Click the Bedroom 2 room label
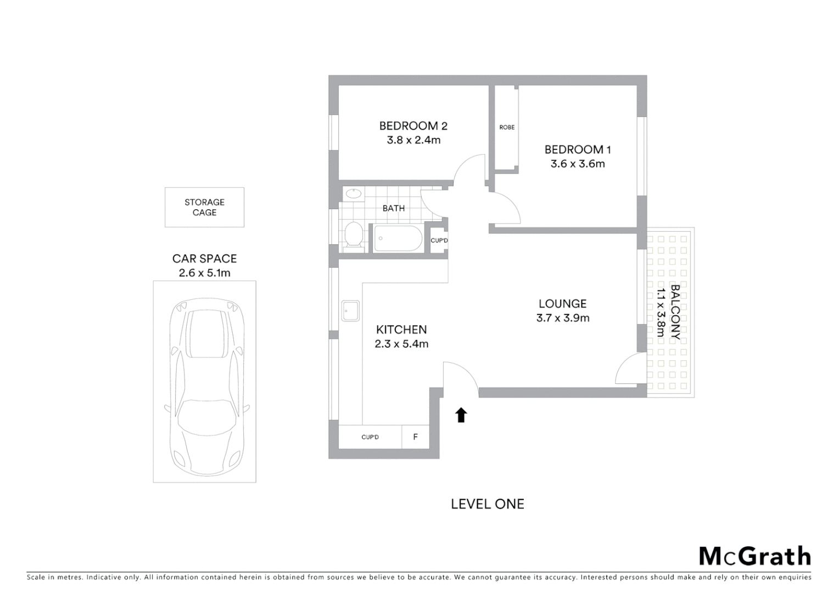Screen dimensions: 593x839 point(413,126)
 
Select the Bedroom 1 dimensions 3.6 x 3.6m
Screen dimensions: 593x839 point(578,164)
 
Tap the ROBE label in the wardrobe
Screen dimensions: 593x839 point(507,127)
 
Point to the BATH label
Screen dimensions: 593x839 point(393,208)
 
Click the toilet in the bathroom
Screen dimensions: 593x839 point(353,235)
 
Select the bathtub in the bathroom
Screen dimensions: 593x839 point(398,239)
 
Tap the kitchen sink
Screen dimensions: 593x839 point(350,310)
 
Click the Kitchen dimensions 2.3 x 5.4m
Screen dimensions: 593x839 point(401,344)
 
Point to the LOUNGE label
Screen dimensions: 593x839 point(562,304)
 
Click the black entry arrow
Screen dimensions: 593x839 point(461,415)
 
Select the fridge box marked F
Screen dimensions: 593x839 point(415,437)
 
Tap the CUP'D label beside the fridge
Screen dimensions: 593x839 point(370,437)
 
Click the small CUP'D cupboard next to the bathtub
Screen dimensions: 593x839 point(439,240)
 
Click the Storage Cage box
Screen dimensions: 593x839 point(204,207)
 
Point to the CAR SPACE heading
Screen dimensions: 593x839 point(204,259)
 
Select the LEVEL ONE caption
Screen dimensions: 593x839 point(487,504)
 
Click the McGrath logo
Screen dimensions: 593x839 point(754,556)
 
